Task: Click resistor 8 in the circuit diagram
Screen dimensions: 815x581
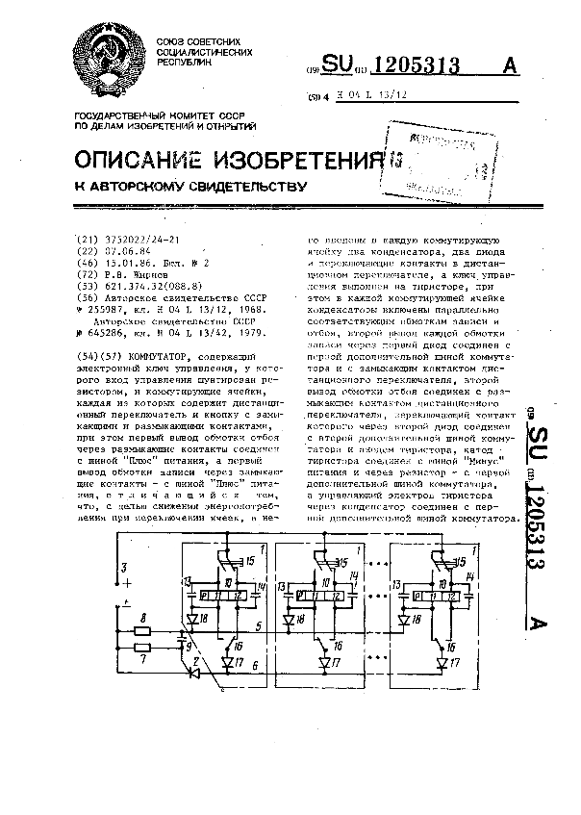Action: tap(142, 632)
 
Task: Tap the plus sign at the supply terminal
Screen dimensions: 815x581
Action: tap(127, 583)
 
